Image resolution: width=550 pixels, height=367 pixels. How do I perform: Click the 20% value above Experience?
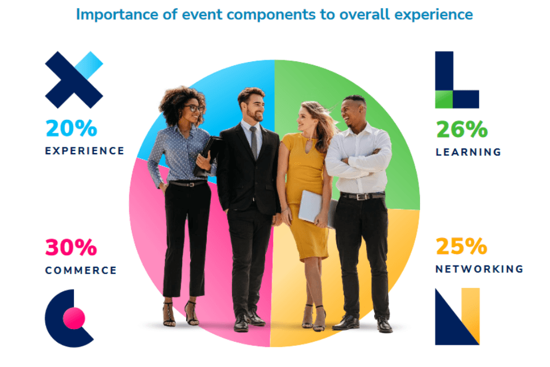pos(71,128)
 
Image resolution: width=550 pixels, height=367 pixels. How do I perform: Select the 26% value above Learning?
pos(462,130)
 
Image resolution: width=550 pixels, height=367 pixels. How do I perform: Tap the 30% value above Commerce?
pos(71,248)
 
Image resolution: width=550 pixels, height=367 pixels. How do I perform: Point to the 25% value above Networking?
pos(462,247)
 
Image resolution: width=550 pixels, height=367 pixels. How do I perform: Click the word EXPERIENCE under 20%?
pos(85,151)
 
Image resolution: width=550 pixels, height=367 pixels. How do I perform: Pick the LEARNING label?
pos(468,153)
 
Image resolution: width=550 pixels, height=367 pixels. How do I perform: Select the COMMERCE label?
pos(81,271)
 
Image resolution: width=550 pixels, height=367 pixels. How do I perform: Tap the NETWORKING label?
pos(479,269)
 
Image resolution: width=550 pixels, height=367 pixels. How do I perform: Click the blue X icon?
pos(73,80)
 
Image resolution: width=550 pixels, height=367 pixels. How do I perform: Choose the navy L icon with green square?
pos(456,80)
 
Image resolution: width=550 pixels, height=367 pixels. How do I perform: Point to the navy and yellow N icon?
pos(457,317)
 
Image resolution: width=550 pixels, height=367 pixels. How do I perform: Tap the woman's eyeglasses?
pos(194,108)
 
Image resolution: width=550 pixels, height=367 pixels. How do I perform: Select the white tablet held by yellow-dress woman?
pos(311,207)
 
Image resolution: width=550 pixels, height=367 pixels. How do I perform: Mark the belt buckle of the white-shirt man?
pos(363,197)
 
